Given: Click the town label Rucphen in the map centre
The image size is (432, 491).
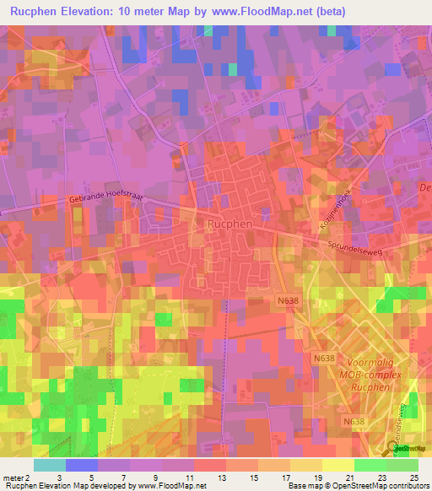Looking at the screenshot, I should (x=226, y=224).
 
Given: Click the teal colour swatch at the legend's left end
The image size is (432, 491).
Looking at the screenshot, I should (x=50, y=465).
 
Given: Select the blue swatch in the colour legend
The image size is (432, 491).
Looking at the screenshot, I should (x=82, y=465).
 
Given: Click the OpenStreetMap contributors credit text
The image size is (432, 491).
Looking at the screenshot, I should (x=379, y=486).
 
